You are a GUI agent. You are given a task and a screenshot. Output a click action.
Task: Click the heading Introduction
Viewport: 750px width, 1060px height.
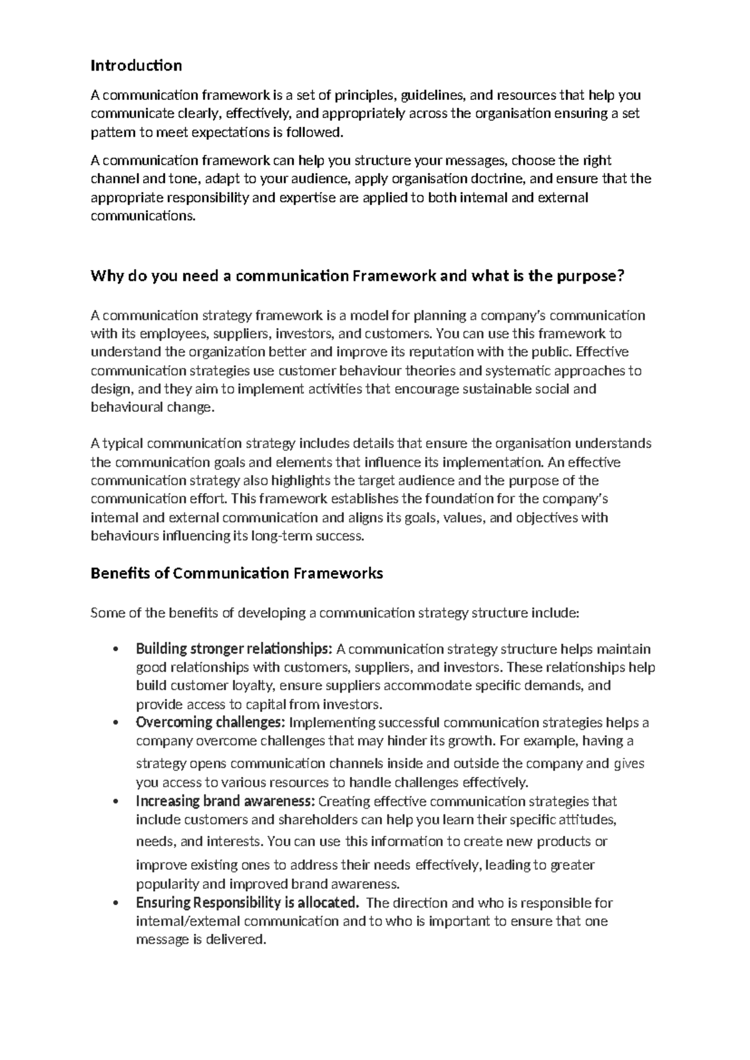[x=136, y=65]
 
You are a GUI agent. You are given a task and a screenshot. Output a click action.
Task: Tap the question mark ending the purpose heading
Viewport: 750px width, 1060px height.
[x=621, y=276]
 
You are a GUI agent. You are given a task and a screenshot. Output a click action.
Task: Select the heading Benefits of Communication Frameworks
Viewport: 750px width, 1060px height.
[x=236, y=572]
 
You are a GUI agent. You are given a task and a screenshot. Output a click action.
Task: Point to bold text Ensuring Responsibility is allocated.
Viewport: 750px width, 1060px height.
[x=247, y=902]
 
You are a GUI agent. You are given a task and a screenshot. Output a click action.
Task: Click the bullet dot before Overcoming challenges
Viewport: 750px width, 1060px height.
[x=115, y=723]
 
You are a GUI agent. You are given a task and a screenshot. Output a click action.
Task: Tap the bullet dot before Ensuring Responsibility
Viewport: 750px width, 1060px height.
[x=115, y=903]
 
